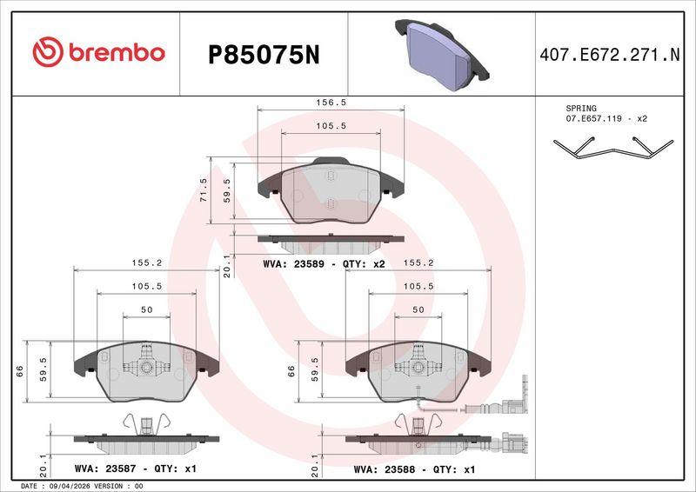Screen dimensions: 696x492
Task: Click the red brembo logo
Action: click(x=98, y=52)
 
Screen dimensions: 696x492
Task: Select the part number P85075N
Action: click(x=264, y=56)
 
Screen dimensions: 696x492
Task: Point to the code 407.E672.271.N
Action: click(x=610, y=55)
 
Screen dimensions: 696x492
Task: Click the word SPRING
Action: click(x=581, y=109)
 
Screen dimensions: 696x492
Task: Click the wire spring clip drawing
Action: click(x=613, y=148)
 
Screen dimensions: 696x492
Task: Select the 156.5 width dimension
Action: click(x=331, y=103)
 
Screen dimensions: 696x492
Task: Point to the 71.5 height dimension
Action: click(x=204, y=189)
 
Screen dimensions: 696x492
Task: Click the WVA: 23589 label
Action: click(x=299, y=264)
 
